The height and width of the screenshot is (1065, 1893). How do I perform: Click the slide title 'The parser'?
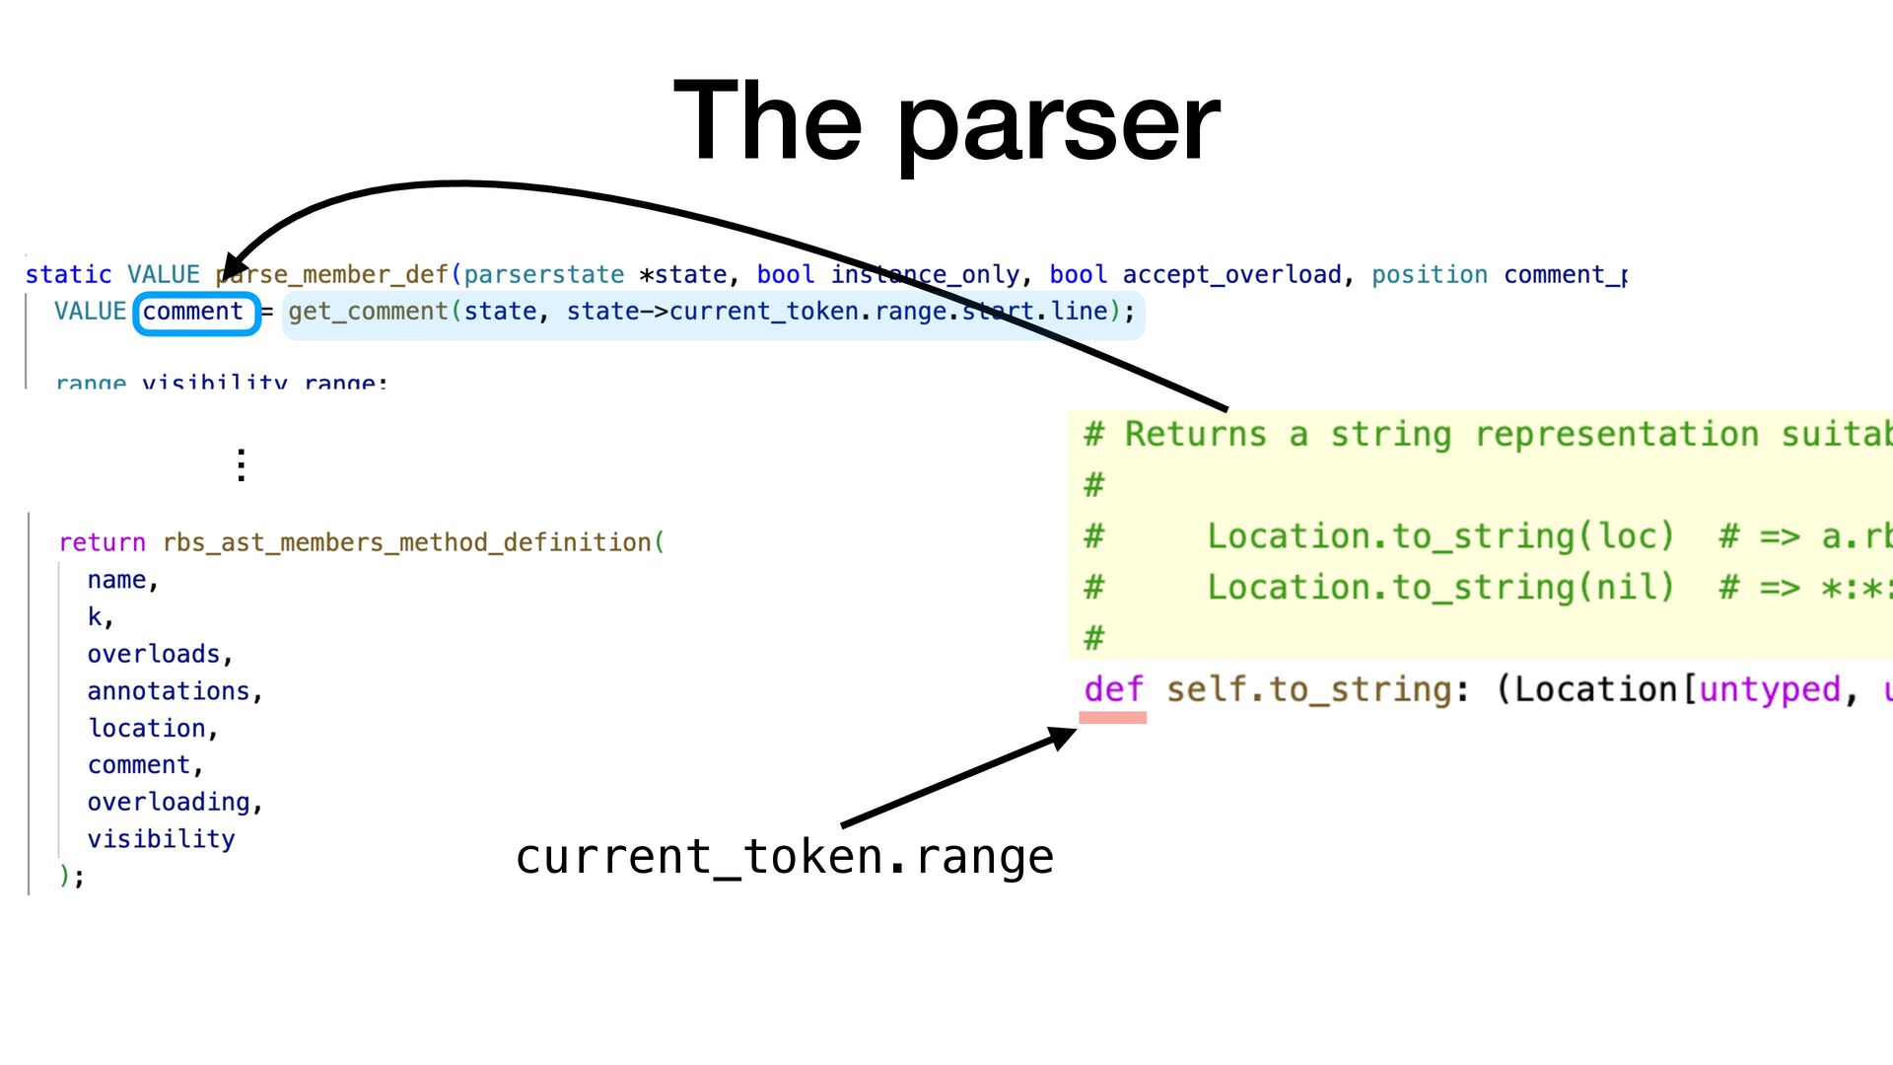[946, 122]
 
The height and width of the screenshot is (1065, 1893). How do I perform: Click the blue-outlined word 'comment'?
[193, 313]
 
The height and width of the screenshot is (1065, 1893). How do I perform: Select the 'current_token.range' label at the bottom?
[785, 856]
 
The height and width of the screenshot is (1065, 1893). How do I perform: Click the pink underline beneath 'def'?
[1112, 718]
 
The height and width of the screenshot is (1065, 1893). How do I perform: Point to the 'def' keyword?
[1113, 689]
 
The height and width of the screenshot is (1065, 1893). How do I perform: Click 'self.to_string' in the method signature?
[1307, 689]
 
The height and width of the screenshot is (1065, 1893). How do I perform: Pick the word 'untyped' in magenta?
[1769, 689]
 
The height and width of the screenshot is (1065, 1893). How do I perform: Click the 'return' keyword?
[102, 542]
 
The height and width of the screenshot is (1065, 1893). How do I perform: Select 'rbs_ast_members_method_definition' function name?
[406, 542]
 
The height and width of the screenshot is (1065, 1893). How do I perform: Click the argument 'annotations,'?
[175, 691]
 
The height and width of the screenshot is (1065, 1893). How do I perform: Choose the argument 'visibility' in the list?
[162, 839]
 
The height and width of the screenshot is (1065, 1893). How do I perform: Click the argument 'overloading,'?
[175, 802]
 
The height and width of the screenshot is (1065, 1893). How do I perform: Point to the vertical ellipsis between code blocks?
[242, 464]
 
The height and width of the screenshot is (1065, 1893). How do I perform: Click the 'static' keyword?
[68, 274]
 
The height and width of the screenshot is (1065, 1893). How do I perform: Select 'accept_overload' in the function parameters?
[1231, 274]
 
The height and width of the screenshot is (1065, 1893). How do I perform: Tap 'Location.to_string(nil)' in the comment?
[1440, 588]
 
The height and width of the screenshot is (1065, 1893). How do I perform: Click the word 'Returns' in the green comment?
[1195, 434]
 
